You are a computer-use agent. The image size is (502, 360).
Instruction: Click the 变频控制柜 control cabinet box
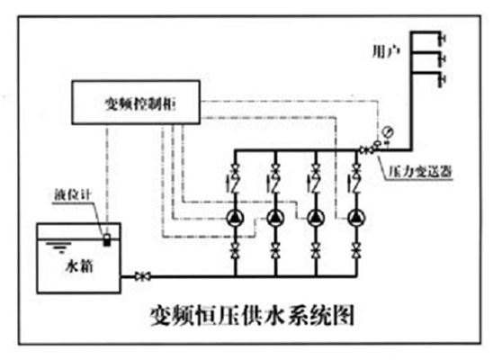tap(136, 103)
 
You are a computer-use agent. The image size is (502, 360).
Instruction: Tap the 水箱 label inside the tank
tap(79, 265)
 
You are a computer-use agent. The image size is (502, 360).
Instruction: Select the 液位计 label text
tap(73, 194)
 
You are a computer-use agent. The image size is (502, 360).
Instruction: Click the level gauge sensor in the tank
tap(107, 239)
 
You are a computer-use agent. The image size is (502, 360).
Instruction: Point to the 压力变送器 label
tap(420, 172)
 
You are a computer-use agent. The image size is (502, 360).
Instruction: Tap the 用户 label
tap(386, 51)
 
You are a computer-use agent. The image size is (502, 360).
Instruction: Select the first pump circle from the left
tap(236, 218)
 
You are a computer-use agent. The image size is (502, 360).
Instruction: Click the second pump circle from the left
tap(275, 218)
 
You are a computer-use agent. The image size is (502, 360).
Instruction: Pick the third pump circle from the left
tap(316, 218)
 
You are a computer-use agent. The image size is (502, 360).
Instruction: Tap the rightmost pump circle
tap(356, 218)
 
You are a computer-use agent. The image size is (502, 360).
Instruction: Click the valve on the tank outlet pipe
tap(142, 276)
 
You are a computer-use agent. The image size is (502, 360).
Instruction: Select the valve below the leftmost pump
tap(236, 250)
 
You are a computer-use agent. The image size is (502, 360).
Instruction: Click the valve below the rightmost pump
tap(356, 250)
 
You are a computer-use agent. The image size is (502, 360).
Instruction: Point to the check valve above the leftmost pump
tap(236, 184)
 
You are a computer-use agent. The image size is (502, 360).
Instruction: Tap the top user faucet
tap(444, 38)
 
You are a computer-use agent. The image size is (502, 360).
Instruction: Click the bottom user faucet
tap(444, 80)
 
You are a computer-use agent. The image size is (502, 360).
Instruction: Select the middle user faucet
tap(444, 58)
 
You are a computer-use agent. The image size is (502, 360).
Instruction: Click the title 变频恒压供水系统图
tap(252, 315)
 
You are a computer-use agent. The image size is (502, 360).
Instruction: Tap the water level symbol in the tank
tap(58, 247)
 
